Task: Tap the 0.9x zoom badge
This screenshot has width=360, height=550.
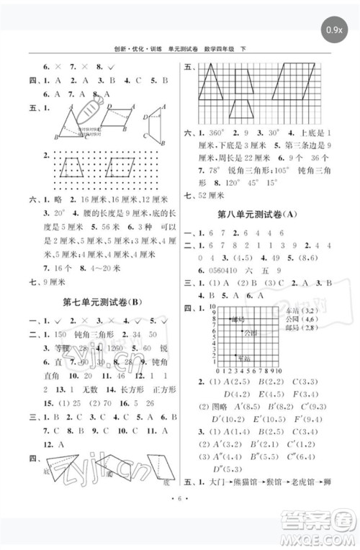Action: click(333, 30)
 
